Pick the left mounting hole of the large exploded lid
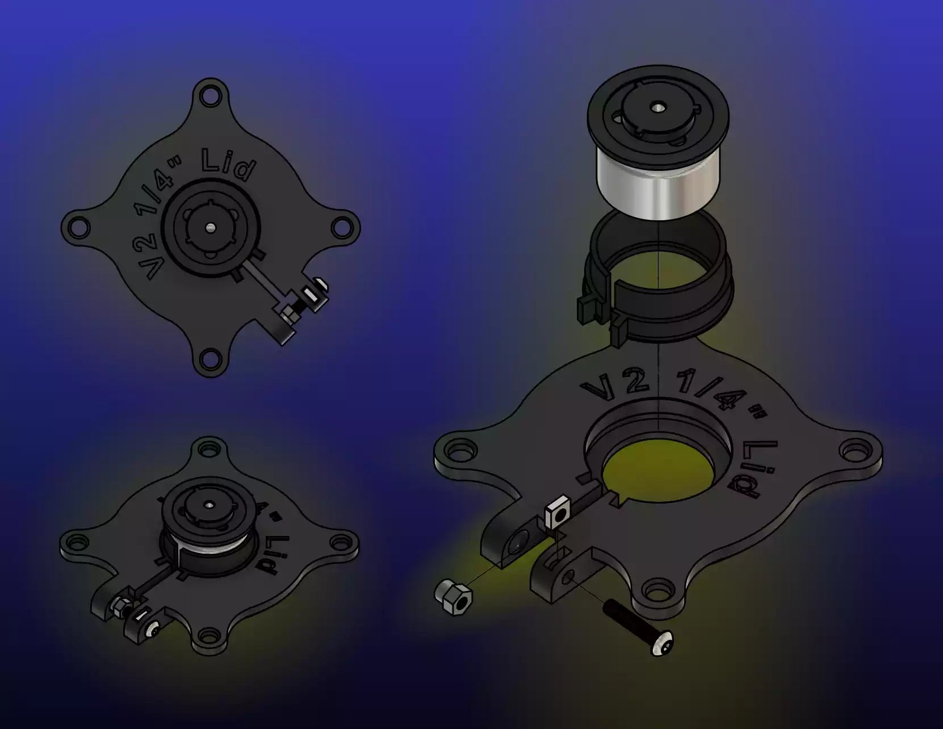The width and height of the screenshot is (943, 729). point(456,452)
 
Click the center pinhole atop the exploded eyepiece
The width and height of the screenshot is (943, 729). point(658,106)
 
